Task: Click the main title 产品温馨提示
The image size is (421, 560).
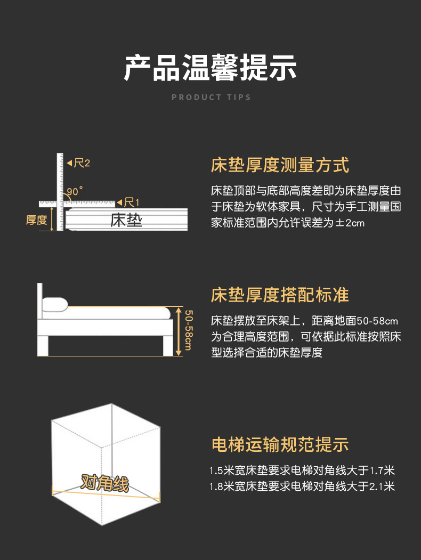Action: click(x=210, y=68)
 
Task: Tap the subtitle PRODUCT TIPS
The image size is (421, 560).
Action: click(x=211, y=98)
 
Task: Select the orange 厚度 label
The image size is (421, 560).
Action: click(x=36, y=220)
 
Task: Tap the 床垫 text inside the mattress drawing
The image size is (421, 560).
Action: click(x=126, y=220)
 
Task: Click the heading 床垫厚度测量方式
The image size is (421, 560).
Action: click(x=280, y=165)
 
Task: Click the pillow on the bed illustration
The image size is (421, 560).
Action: click(x=55, y=305)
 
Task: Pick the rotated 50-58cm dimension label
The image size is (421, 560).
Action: click(x=189, y=330)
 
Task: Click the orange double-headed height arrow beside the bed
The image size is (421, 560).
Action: click(x=179, y=331)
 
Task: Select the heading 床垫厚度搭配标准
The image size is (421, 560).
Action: click(x=280, y=295)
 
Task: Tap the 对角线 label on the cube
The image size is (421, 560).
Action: click(x=104, y=483)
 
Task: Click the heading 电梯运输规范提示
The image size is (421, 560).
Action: click(x=280, y=444)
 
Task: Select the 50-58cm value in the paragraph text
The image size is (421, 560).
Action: click(x=377, y=321)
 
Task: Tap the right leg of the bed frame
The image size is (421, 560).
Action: click(x=168, y=345)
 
